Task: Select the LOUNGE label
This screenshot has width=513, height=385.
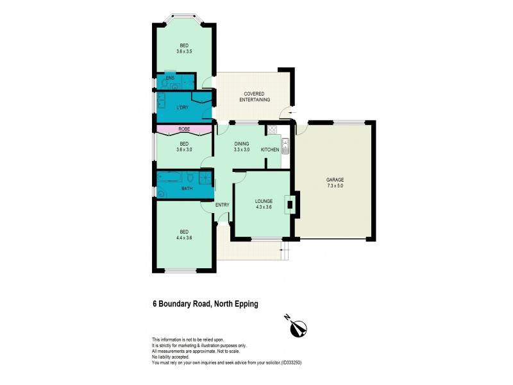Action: (x=264, y=200)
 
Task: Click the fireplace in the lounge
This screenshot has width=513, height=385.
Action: (x=291, y=205)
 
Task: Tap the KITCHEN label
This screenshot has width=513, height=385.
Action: (x=270, y=150)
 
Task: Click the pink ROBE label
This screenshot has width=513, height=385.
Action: (x=184, y=130)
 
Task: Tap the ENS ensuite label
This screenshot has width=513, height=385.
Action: (x=170, y=78)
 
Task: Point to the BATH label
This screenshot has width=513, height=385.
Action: (x=187, y=189)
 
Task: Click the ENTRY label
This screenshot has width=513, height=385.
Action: (x=223, y=205)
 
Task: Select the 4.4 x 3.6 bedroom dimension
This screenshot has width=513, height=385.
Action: (x=183, y=237)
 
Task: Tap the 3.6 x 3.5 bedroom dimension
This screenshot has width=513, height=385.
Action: (x=184, y=51)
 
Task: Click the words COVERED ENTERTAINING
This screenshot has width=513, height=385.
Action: (x=255, y=97)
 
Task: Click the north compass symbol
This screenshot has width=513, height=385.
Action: (x=296, y=327)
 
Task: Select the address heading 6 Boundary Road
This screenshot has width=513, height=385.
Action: (x=205, y=304)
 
